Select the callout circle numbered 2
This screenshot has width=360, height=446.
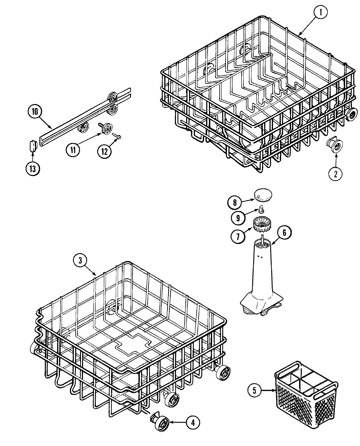(335, 173)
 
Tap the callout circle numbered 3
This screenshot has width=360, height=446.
(80, 260)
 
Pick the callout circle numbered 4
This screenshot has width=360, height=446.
(193, 423)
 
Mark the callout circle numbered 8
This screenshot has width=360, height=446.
(235, 203)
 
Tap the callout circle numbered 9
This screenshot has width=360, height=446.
(238, 218)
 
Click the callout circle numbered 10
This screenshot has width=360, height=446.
(35, 112)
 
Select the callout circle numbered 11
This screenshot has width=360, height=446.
(73, 149)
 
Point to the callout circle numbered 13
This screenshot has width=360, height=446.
(32, 169)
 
